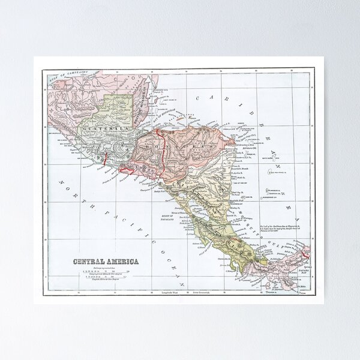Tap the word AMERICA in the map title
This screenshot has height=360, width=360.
(120, 261)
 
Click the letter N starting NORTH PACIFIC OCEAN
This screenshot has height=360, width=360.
(61, 179)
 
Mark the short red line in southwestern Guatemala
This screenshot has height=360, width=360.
(105, 160)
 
